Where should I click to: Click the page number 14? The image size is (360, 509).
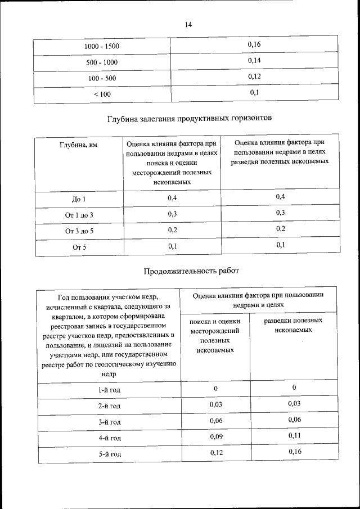point(188,25)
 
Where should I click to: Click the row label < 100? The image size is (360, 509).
point(102,94)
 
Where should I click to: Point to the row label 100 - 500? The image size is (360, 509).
point(102,78)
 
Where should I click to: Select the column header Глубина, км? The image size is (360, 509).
point(78,145)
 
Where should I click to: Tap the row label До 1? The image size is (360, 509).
point(78,200)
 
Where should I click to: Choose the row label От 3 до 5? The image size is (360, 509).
point(78,231)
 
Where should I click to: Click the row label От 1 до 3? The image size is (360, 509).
point(78,215)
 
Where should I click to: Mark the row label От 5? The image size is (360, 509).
point(78,247)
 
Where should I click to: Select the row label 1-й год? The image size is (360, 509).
point(109,390)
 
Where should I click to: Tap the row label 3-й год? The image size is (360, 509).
point(109,422)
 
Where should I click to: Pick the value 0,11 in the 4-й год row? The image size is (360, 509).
point(295,435)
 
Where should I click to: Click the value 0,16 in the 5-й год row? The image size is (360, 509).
point(295,452)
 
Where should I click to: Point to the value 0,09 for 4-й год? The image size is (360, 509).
point(216,436)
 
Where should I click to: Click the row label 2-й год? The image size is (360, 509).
point(109,406)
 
